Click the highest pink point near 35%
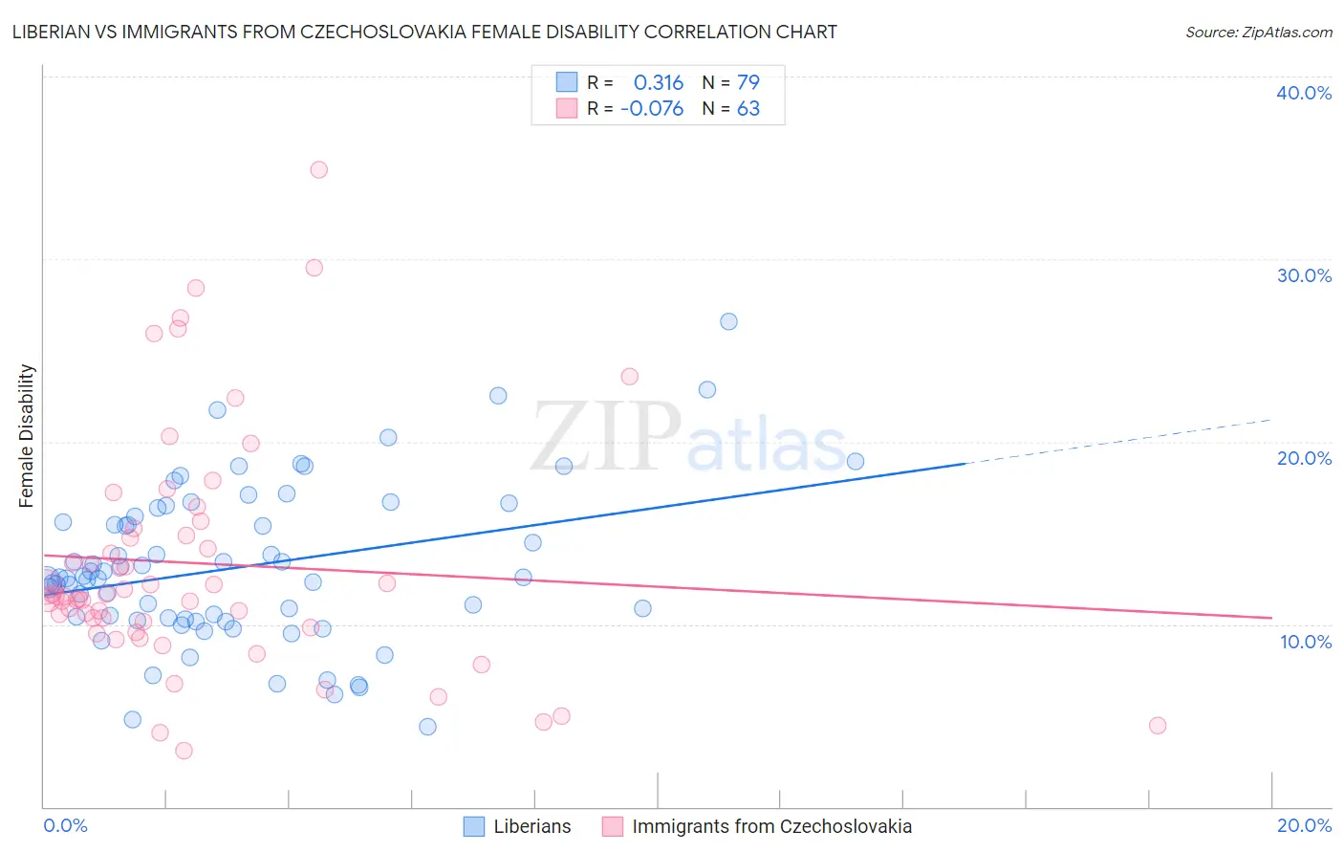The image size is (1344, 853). [x=319, y=169]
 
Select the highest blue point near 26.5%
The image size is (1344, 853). [x=728, y=321]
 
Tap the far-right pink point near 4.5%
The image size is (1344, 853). [x=1158, y=725]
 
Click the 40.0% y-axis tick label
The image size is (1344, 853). [x=1304, y=93]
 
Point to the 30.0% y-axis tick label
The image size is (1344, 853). [x=1304, y=275]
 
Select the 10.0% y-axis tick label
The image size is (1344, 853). [x=1306, y=642]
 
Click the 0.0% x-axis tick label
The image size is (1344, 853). [x=66, y=825]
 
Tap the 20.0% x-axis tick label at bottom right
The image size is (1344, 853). [x=1304, y=825]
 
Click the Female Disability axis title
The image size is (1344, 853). [x=27, y=436]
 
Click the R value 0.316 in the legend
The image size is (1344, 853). [x=659, y=82]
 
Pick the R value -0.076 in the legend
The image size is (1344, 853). [x=652, y=109]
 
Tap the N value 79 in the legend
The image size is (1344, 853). [x=748, y=82]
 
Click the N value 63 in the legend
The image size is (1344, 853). [x=748, y=109]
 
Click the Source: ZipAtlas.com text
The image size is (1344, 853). [x=1258, y=33]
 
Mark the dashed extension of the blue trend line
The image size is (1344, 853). [x=1118, y=441]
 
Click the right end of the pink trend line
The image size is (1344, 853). [x=1270, y=618]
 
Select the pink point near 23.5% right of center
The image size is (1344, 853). [x=629, y=376]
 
